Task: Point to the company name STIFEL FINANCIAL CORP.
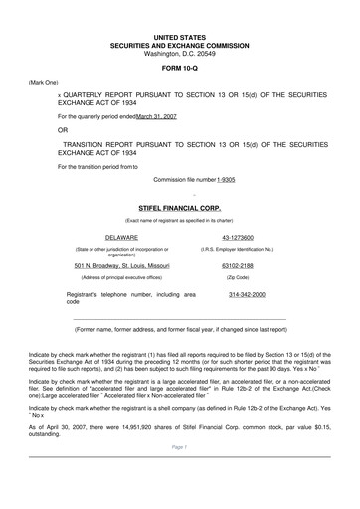180,207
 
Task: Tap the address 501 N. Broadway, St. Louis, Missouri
121,266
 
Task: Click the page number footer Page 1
180,475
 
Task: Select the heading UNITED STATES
180,35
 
